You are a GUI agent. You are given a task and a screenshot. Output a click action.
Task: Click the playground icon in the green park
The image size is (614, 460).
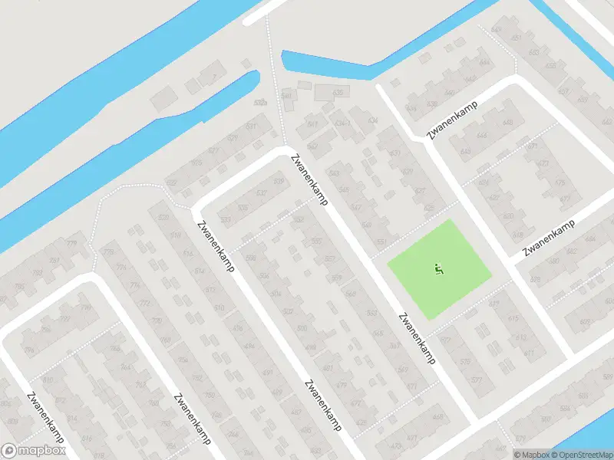click(x=438, y=269)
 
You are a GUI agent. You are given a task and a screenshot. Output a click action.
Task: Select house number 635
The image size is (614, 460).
click(x=338, y=92)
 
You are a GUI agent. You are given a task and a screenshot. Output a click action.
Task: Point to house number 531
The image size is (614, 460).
click(x=251, y=126)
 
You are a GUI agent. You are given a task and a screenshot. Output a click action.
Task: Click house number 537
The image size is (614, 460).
click(x=262, y=192)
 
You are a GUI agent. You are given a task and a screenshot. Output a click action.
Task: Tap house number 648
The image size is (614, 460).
click(x=507, y=123)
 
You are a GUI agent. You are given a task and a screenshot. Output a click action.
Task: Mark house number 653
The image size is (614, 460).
click(x=534, y=52)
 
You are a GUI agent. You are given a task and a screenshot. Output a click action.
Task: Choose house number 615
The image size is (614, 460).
click(x=513, y=318)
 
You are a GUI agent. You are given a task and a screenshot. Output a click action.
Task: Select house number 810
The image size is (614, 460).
click(x=49, y=380)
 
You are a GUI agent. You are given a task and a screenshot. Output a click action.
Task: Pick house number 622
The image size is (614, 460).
click(x=484, y=182)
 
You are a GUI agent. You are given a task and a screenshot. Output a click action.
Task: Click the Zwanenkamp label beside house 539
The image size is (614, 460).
click(x=309, y=179)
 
